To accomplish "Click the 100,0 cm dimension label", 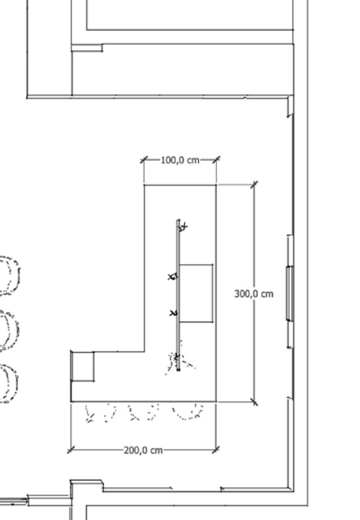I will (x=180, y=160).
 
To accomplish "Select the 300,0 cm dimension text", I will (x=253, y=294).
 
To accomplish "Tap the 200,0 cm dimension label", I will (x=143, y=450).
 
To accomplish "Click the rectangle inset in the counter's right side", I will (x=196, y=293).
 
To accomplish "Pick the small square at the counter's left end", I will (x=83, y=366).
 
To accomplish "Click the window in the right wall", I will (x=289, y=293).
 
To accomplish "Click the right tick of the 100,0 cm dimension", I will (x=216, y=159).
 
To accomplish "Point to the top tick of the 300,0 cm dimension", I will (x=253, y=185).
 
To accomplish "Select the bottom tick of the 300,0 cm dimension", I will (x=253, y=402).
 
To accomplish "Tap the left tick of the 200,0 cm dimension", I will (x=70, y=448).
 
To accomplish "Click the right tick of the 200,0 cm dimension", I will (x=216, y=448).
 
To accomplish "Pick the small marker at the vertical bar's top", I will (x=183, y=227).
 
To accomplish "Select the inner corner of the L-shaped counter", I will (x=144, y=352).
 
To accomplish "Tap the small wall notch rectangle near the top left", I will (x=86, y=47).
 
